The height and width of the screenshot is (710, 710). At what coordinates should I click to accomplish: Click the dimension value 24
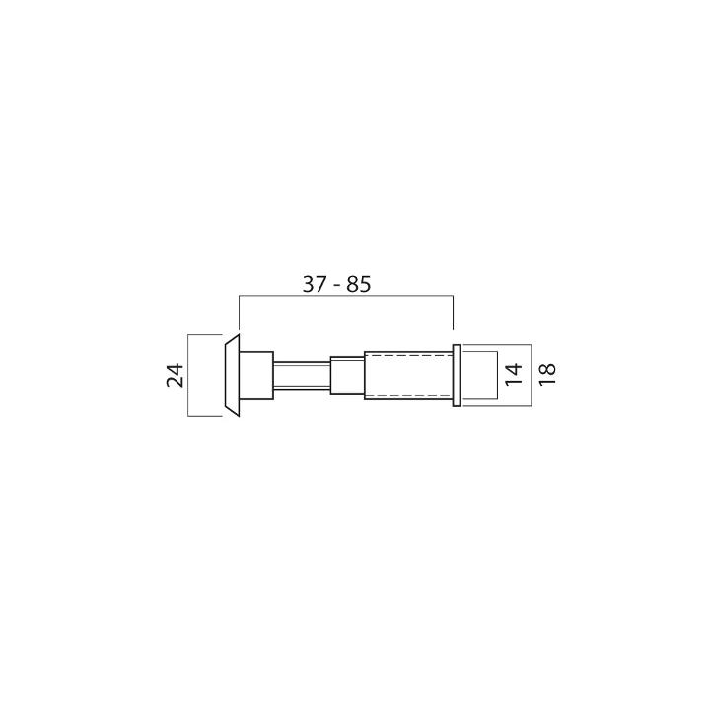[x=176, y=375]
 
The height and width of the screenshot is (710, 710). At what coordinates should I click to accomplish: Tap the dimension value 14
[x=513, y=375]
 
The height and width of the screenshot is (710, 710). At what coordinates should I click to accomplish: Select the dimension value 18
[x=546, y=375]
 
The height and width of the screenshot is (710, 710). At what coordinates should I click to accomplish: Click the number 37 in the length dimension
[x=316, y=284]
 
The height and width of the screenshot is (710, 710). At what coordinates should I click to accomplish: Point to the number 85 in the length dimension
[x=359, y=284]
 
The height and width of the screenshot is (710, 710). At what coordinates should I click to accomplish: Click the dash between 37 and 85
[x=337, y=286]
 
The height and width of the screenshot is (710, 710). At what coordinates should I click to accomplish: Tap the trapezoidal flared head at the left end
[x=232, y=376]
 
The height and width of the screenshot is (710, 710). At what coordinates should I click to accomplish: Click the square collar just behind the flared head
[x=256, y=376]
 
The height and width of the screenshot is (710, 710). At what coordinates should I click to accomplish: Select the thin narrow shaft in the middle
[x=302, y=375]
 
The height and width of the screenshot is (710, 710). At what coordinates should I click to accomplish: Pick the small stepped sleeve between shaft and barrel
[x=347, y=376]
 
